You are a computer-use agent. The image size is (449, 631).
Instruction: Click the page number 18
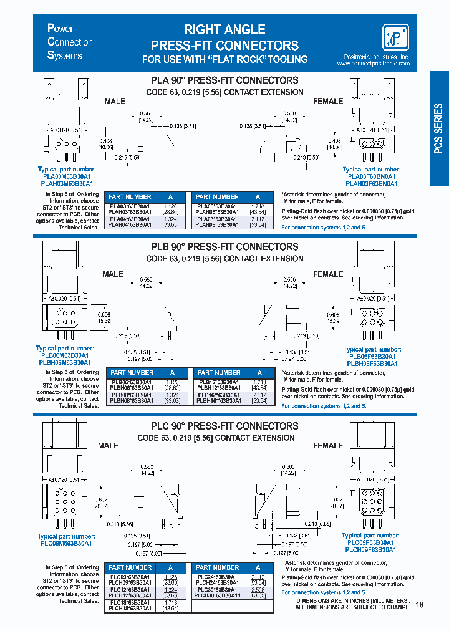tap(418, 605)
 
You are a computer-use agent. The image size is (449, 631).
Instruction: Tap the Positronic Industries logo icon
tap(395, 37)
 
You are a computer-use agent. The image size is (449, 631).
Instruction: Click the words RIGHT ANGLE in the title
tap(224, 29)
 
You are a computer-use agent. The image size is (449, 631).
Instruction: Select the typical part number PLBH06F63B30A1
tap(372, 363)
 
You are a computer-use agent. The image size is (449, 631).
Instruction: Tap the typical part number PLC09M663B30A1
tap(65, 543)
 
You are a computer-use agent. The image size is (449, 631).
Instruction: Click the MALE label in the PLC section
tap(109, 446)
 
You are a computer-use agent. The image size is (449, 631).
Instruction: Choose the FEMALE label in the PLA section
tap(328, 101)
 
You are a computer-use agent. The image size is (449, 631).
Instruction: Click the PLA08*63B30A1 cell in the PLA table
tap(216, 219)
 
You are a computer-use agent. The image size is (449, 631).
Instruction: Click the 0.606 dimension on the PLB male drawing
tap(104, 315)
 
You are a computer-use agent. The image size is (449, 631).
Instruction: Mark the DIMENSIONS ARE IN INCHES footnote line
tap(352, 600)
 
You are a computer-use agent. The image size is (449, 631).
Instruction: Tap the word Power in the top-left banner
tap(60, 29)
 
